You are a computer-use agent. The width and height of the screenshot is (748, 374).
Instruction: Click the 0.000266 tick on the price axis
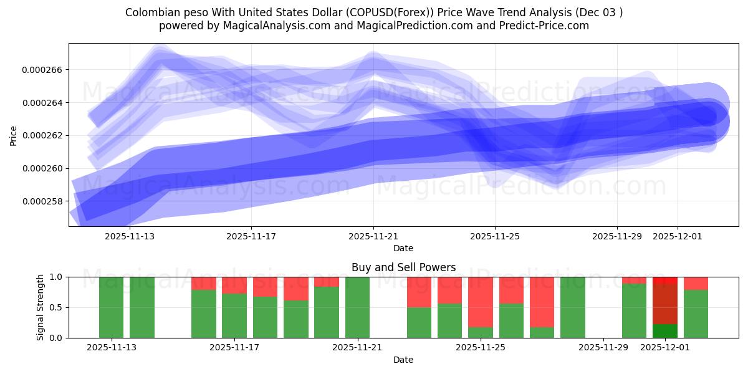(x=42, y=70)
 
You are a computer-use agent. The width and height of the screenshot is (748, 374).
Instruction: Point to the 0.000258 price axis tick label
(x=42, y=201)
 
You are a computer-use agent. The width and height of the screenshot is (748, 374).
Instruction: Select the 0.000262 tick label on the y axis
(x=42, y=136)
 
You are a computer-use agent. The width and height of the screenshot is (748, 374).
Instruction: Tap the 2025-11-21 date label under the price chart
(x=373, y=237)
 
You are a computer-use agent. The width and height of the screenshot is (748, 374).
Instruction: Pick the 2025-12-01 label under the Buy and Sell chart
(x=665, y=348)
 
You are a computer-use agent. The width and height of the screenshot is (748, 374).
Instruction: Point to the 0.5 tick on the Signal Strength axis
(x=55, y=307)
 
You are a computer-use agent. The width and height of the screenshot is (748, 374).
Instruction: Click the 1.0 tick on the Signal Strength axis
(x=55, y=277)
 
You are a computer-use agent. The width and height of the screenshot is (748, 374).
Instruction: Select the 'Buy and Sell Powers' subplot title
(x=403, y=267)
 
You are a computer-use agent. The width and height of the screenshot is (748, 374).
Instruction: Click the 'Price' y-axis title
(x=14, y=135)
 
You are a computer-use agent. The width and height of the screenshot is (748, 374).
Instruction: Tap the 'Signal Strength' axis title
(x=41, y=307)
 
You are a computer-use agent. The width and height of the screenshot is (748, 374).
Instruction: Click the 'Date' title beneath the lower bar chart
(x=403, y=360)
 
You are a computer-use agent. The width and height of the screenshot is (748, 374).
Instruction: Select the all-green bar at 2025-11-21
(x=357, y=307)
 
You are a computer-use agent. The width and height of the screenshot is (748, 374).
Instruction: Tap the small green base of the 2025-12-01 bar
(x=665, y=331)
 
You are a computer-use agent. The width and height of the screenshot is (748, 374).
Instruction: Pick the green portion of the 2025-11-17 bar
(x=234, y=316)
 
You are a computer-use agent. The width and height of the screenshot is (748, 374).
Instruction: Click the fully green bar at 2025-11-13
(x=111, y=307)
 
